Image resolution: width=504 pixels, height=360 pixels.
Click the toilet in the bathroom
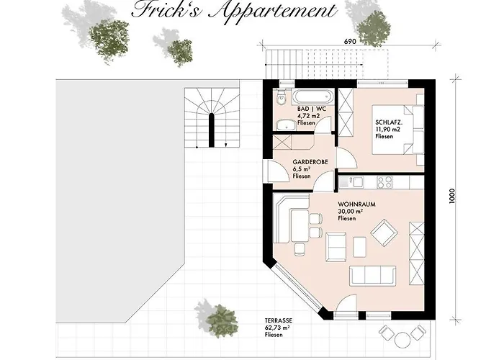(282, 97)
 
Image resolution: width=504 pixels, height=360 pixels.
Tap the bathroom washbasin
(286, 125)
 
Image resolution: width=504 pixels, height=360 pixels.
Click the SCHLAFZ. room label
(389, 122)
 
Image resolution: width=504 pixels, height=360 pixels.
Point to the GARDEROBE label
(310, 162)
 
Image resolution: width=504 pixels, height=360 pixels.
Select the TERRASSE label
(279, 320)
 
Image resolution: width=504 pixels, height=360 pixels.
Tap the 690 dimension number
(350, 42)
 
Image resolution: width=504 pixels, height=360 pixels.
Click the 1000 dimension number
(451, 196)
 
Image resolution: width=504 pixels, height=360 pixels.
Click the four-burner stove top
(384, 182)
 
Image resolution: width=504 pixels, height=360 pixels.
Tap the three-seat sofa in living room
(372, 276)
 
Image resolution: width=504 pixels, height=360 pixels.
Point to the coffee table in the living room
(359, 246)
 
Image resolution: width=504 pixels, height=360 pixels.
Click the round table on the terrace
(402, 340)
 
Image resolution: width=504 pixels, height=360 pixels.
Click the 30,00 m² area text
(351, 211)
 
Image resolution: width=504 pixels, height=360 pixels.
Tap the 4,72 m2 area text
(309, 116)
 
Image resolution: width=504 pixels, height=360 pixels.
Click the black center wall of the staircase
(212, 130)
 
